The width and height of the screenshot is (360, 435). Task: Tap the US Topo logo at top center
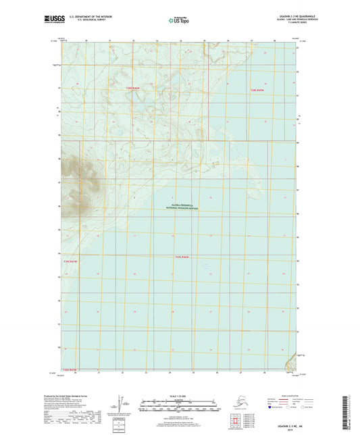coord(178,21)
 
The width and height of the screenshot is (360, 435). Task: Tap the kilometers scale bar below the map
coord(180,405)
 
